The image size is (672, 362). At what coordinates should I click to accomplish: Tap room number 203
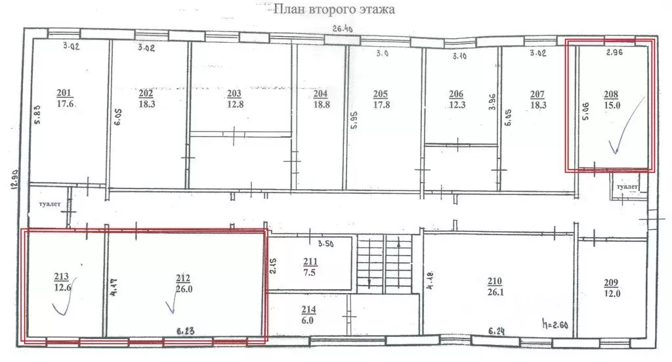coord(234,93)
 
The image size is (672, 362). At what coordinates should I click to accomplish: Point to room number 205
coord(380,93)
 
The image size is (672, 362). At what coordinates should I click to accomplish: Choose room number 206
coord(457,93)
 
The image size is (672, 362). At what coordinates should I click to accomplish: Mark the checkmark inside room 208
coord(615,137)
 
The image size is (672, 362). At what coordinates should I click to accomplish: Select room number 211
coord(310,263)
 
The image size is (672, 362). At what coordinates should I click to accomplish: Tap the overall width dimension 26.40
coord(343,29)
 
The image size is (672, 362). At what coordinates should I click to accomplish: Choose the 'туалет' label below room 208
coord(627,187)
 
